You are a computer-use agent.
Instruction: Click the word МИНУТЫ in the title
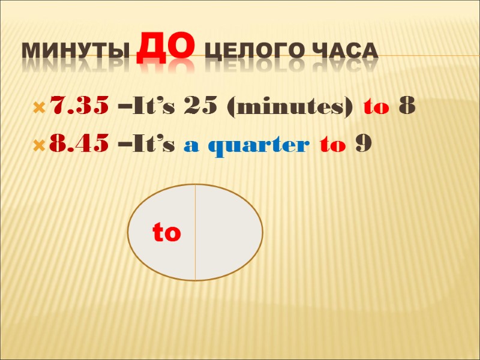75,53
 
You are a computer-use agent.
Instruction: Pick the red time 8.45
79,145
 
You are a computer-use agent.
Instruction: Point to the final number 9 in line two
362,145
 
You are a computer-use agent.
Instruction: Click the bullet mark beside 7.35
40,109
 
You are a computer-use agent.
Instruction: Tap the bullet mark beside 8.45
40,146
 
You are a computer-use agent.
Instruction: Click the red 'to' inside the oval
167,233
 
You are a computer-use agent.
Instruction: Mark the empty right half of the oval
228,233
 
